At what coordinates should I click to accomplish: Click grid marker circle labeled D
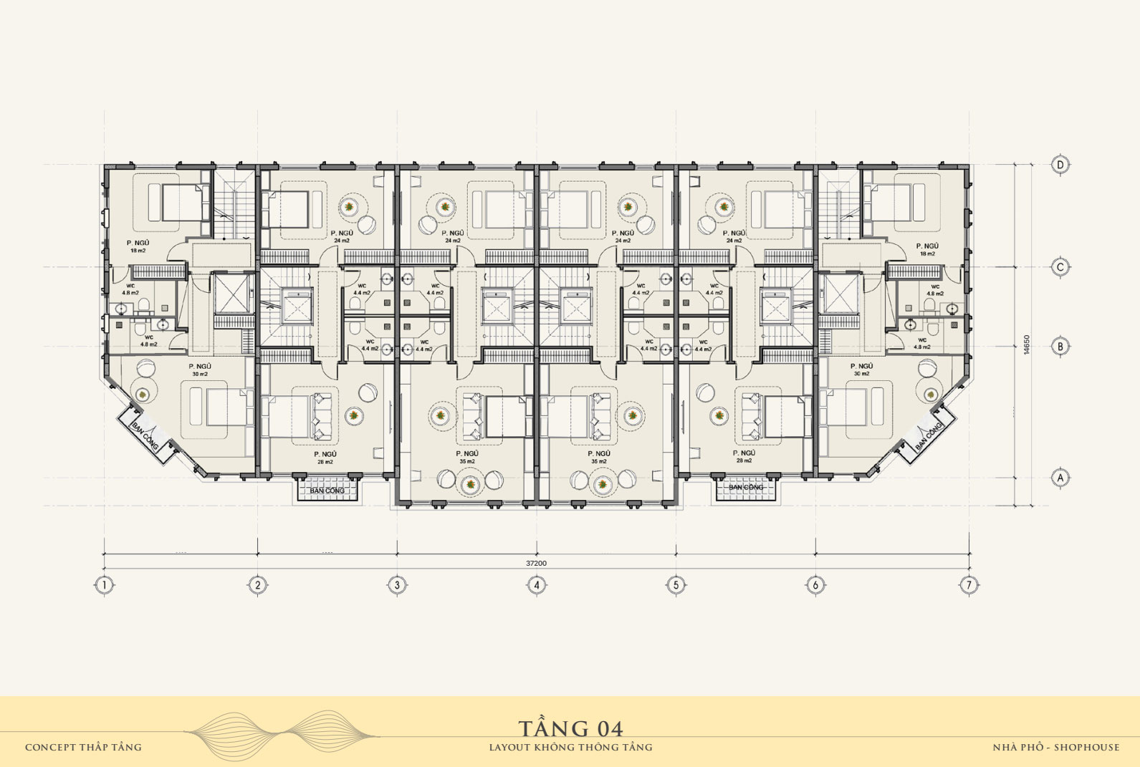coord(1060,165)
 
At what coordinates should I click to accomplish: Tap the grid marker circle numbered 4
coord(537,585)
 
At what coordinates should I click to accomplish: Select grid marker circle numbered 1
coord(105,585)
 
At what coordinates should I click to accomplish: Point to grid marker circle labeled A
coord(1060,477)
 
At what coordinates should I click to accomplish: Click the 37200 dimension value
coord(536,564)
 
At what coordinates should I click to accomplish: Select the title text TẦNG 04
coord(570,729)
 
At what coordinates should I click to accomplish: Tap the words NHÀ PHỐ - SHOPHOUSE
coord(1055,748)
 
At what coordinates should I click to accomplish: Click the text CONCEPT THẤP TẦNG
coord(83,748)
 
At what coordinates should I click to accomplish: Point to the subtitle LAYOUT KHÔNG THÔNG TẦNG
coord(570,748)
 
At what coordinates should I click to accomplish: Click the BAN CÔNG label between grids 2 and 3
coord(327,491)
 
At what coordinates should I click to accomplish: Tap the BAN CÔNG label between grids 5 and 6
coord(746,488)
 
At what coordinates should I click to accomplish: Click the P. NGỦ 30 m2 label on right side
coord(861,370)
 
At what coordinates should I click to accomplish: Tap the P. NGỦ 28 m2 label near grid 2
coord(325,458)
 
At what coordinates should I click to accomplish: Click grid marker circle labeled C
coord(1060,267)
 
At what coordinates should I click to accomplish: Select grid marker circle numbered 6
coord(815,585)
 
